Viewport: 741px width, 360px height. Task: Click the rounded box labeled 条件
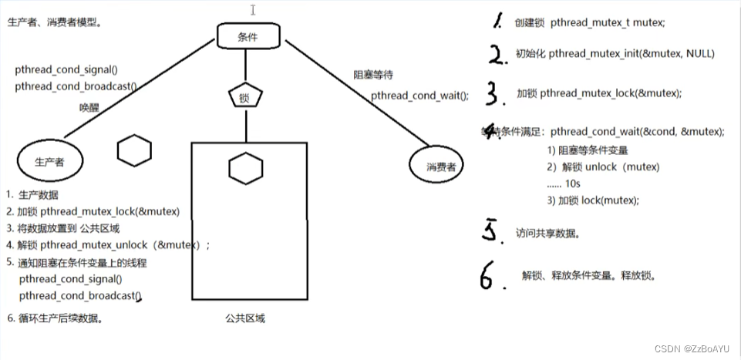pos(247,35)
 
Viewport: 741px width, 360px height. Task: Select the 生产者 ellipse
pos(51,162)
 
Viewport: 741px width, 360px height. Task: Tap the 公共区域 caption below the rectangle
pos(245,318)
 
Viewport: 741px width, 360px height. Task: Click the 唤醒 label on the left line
pos(89,106)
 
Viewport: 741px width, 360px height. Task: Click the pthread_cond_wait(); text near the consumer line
pos(419,96)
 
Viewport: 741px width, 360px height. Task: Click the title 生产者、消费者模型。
pos(54,22)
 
